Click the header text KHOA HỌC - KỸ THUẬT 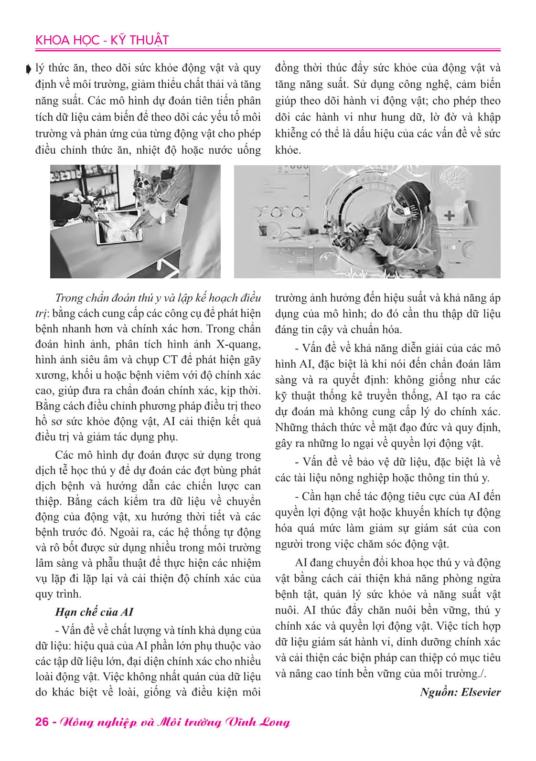[102, 40]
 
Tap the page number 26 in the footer [42, 722]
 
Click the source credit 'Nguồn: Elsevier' [460, 692]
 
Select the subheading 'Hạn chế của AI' [94, 612]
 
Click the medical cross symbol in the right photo [449, 216]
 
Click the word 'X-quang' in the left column [239, 345]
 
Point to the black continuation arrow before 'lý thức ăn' [29, 70]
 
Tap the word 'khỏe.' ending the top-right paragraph [288, 150]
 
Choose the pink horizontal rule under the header [268, 50]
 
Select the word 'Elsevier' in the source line [481, 692]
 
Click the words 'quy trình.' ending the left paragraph [58, 594]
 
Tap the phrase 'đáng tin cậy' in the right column [304, 329]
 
